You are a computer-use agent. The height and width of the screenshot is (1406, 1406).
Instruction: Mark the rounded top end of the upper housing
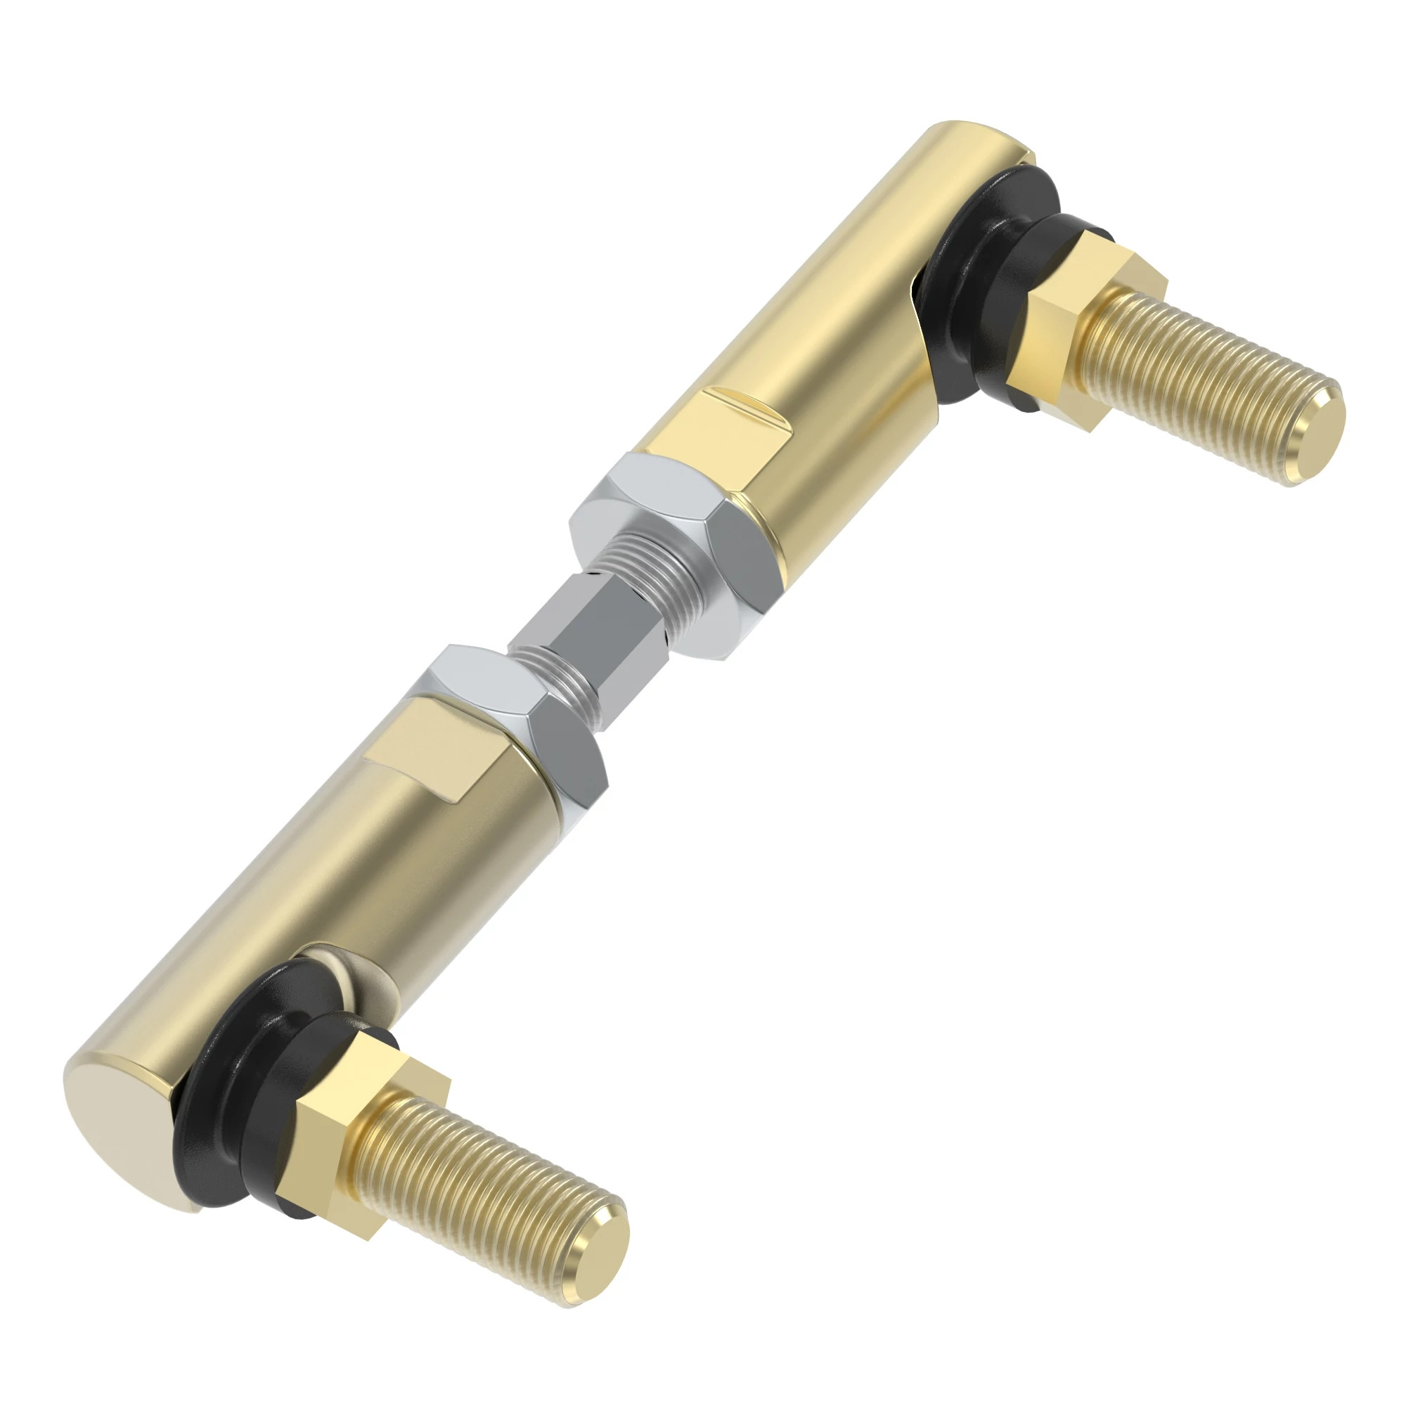pyautogui.click(x=975, y=138)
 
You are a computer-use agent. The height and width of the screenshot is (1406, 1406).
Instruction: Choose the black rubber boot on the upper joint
pyautogui.click(x=983, y=291)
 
